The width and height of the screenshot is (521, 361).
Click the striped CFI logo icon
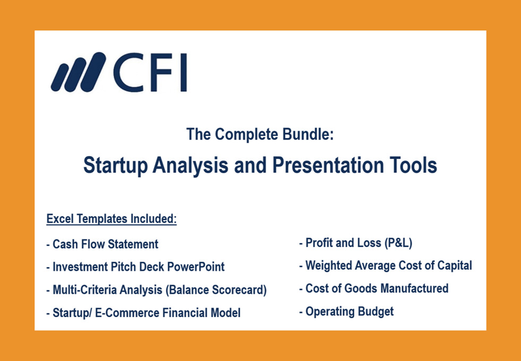(79, 72)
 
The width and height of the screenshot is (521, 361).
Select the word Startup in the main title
(115, 165)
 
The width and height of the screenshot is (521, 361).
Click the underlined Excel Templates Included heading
(111, 219)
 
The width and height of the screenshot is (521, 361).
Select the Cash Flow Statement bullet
(102, 244)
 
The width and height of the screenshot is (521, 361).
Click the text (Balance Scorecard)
(216, 290)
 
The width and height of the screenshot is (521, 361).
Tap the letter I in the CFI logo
(184, 72)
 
